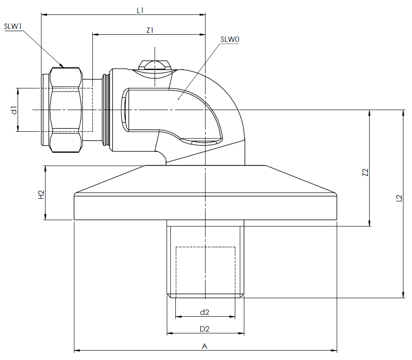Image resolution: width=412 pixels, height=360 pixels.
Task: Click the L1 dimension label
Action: point(140,10)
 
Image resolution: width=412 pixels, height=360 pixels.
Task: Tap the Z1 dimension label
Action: point(150,31)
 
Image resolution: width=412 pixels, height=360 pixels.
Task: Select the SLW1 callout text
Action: point(13,26)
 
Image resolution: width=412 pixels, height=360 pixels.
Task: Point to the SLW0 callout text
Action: point(230,39)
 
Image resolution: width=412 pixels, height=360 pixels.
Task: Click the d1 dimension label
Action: point(14,110)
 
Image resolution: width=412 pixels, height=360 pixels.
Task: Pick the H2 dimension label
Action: point(41,194)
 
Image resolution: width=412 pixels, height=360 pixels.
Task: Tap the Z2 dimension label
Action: point(365,172)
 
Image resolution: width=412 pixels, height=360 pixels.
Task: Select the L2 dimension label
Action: point(399,198)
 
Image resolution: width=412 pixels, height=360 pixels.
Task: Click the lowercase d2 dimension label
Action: point(205,312)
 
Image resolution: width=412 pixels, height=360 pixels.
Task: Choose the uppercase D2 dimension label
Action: point(205,329)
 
